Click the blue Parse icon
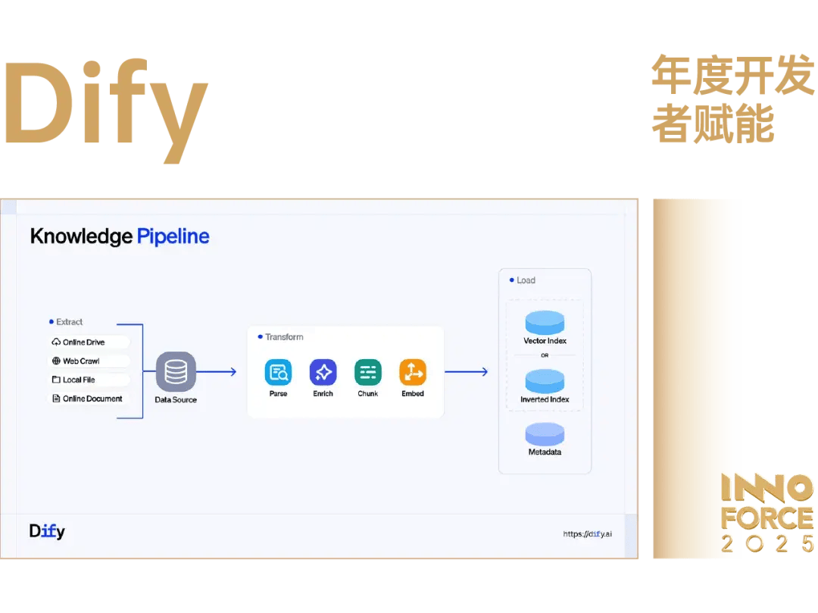click(278, 372)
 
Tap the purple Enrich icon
click(323, 372)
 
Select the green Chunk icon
click(367, 372)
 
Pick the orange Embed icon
click(413, 372)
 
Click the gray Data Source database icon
click(176, 371)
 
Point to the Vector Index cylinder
click(545, 322)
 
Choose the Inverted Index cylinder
click(545, 381)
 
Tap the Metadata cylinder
click(545, 434)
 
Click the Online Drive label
click(83, 342)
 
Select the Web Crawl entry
click(80, 361)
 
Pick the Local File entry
click(79, 380)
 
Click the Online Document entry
click(92, 399)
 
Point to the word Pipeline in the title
click(173, 236)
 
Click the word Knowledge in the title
click(81, 236)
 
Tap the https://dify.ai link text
click(587, 534)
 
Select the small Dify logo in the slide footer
click(47, 531)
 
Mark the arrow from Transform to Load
click(466, 372)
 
